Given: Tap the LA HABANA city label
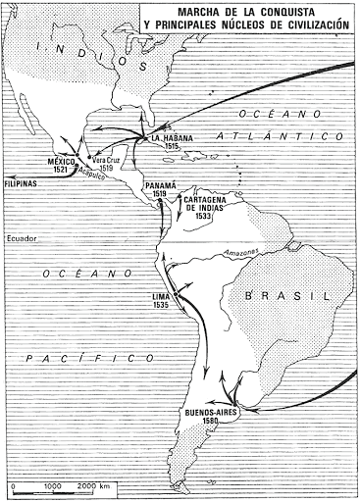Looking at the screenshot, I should point(175,139).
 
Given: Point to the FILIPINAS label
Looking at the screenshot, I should point(23,183).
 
